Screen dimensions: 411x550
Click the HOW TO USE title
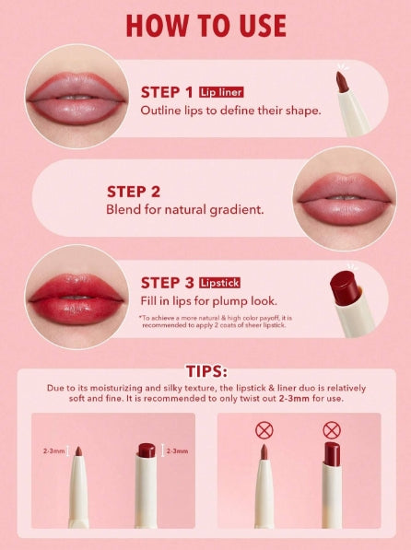(x=206, y=26)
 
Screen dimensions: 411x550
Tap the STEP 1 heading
(x=167, y=92)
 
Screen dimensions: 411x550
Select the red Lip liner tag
(x=221, y=92)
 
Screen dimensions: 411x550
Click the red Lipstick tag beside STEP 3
(x=219, y=283)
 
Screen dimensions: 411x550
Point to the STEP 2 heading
(x=134, y=192)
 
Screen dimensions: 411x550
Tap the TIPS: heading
(x=206, y=371)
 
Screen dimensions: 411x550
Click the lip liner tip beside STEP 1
(x=342, y=82)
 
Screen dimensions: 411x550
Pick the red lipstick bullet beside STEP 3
(x=345, y=287)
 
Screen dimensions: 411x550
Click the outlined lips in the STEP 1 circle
(x=76, y=99)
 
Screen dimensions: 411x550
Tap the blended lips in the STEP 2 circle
(x=345, y=199)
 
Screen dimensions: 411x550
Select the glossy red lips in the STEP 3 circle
(x=76, y=299)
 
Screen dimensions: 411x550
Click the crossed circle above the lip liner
(x=264, y=430)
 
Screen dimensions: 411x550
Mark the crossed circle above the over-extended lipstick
(x=332, y=430)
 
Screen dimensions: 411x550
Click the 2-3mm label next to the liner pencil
(x=53, y=451)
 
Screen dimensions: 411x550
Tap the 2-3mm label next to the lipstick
(x=177, y=451)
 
